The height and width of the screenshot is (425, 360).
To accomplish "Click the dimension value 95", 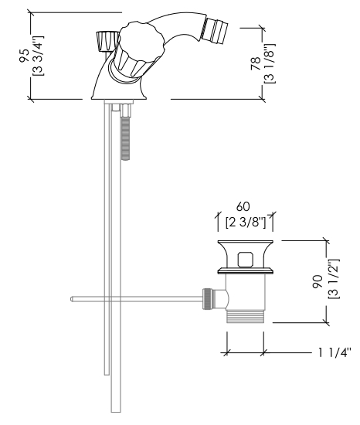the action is (x=24, y=56).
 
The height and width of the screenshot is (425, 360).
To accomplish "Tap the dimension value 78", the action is (x=256, y=64).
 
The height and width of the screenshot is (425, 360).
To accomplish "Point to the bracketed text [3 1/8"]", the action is (x=270, y=63).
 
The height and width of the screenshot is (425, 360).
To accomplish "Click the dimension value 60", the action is (x=243, y=206).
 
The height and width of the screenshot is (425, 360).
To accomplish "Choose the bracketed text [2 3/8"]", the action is (x=246, y=223).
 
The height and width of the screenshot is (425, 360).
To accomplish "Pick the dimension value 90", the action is (x=318, y=281).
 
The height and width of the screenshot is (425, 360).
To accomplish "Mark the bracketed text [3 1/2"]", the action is (x=333, y=279).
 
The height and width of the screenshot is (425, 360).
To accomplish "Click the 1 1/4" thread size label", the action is (x=335, y=352).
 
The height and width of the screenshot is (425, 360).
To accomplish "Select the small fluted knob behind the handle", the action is (x=107, y=42).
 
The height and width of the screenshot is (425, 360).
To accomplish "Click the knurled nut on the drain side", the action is (x=207, y=298).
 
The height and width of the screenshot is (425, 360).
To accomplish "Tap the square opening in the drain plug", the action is (x=246, y=260).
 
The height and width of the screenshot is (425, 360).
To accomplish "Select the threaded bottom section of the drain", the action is (x=245, y=316).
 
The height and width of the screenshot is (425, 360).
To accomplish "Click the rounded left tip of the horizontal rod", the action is (x=72, y=299).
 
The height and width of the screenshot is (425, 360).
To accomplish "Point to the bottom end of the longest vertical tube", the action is (x=116, y=412).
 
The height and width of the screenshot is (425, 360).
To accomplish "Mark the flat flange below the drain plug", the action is (x=246, y=270).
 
